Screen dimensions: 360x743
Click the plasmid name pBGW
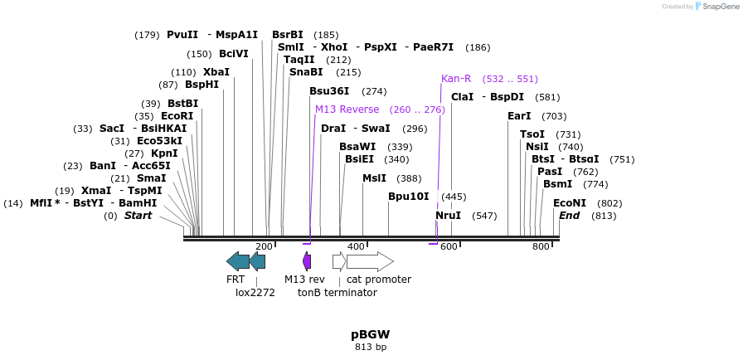[370, 334]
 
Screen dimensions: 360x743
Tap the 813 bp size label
[370, 347]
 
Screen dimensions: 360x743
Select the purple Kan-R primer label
[456, 79]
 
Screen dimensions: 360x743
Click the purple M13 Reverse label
[347, 109]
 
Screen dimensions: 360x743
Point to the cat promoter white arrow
[370, 262]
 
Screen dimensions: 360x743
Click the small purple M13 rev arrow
[307, 262]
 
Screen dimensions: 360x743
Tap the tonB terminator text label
[331, 292]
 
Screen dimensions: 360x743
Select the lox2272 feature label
[255, 292]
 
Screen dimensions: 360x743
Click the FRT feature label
[236, 280]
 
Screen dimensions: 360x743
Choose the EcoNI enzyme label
[570, 203]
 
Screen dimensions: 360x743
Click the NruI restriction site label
[448, 216]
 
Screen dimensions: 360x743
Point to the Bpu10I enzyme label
[409, 197]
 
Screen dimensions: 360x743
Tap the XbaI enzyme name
[216, 72]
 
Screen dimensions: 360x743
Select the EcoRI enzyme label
[177, 116]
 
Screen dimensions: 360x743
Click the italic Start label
[138, 216]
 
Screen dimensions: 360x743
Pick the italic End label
[569, 216]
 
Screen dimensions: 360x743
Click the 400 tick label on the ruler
[356, 247]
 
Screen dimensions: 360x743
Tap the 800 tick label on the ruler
[541, 247]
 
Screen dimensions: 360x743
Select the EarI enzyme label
[519, 116]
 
